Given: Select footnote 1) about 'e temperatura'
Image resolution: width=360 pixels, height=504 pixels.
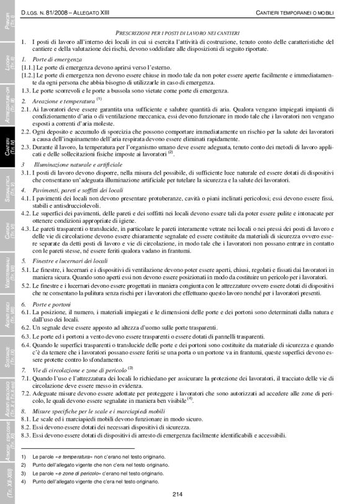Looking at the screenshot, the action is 93,457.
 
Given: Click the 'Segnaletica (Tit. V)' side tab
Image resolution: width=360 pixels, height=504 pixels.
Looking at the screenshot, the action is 9,186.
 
